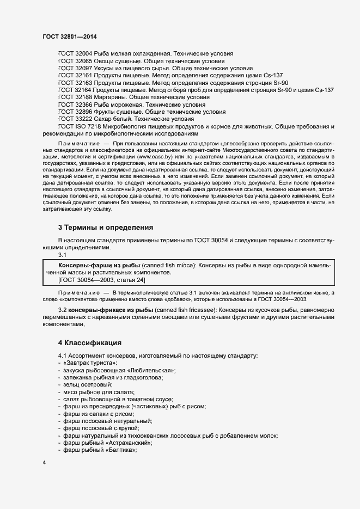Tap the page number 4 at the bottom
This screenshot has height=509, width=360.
pyautogui.click(x=44, y=463)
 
